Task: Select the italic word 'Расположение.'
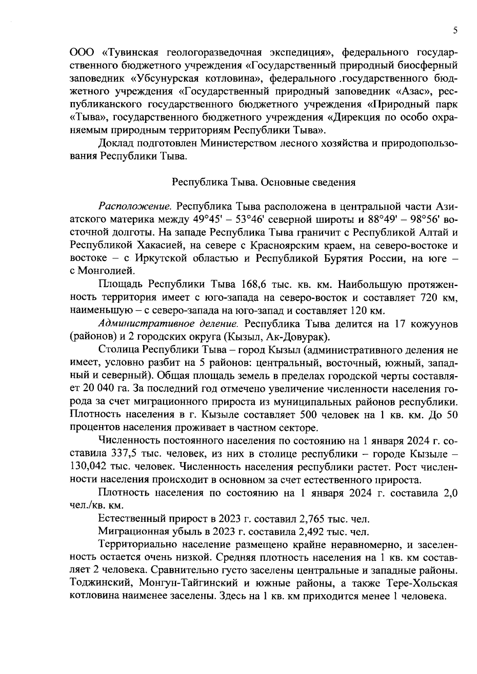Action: (135, 207)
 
